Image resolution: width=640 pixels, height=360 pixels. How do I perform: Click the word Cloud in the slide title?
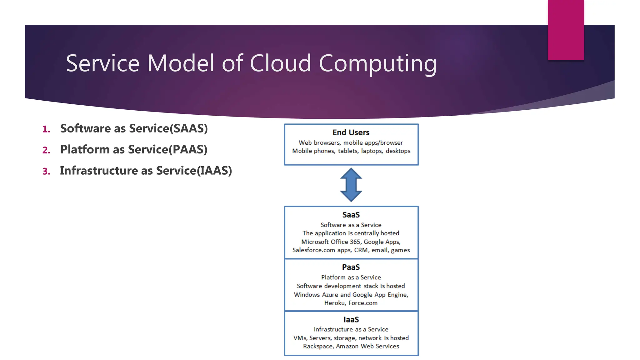(280, 63)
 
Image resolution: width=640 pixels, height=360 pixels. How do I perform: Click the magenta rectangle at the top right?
(566, 30)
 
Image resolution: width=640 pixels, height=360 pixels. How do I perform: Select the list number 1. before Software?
(46, 129)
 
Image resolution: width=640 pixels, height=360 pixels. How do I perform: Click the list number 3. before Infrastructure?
(46, 172)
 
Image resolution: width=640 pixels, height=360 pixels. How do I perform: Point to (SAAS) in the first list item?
(188, 129)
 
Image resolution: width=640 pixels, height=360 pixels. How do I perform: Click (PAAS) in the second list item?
(188, 150)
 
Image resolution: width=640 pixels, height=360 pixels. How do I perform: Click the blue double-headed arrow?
(351, 185)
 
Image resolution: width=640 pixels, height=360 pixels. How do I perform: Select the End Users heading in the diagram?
(351, 132)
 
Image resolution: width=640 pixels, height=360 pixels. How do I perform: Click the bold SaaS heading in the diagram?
(351, 215)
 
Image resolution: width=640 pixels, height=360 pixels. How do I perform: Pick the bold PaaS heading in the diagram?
(351, 267)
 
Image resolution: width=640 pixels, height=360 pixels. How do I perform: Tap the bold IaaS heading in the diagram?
(351, 320)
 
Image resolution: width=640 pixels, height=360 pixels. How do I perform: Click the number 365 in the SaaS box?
(355, 242)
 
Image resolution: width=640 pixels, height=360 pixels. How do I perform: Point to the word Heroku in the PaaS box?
(335, 303)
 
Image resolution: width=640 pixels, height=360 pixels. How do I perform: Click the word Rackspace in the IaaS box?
(318, 347)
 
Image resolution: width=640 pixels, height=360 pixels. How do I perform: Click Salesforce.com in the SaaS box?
(314, 250)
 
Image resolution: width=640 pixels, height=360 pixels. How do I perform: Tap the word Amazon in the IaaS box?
(347, 347)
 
